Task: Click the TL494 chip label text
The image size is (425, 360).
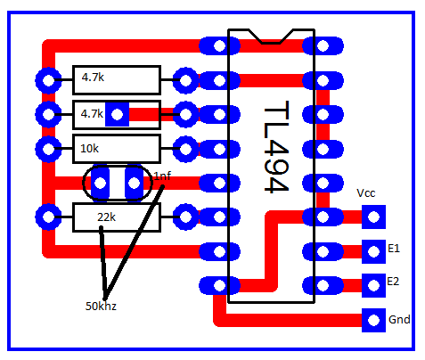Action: click(x=276, y=147)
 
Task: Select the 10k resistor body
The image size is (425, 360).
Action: click(x=117, y=149)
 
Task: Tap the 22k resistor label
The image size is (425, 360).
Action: click(x=106, y=217)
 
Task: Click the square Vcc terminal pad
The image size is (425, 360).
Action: click(x=373, y=217)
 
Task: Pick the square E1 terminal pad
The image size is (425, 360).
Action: click(x=373, y=252)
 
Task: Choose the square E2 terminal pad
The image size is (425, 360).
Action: click(x=373, y=285)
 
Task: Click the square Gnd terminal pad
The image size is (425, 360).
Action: click(x=373, y=320)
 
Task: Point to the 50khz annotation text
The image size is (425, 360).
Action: click(x=101, y=306)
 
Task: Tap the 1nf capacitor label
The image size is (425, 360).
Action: click(x=162, y=176)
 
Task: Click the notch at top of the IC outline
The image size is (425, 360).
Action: click(x=271, y=37)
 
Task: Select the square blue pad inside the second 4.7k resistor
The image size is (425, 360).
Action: click(x=118, y=114)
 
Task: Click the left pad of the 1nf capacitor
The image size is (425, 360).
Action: click(x=101, y=183)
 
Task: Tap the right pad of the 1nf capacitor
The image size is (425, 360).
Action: click(x=134, y=183)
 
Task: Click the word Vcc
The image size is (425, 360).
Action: click(x=366, y=193)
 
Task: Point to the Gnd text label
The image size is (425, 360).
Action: click(x=399, y=320)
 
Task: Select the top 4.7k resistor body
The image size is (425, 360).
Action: click(x=117, y=80)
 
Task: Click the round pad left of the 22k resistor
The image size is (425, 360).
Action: click(x=48, y=217)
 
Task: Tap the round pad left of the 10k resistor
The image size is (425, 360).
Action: click(x=48, y=149)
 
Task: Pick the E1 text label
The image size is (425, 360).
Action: click(x=394, y=248)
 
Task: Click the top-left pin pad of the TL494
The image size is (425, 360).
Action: click(x=219, y=46)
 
